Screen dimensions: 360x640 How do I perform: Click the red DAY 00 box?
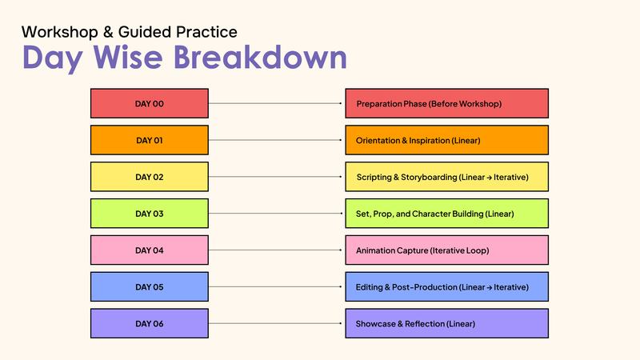tap(149, 103)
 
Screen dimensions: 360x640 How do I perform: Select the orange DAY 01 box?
tap(149, 140)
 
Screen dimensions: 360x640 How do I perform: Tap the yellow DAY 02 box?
tap(149, 177)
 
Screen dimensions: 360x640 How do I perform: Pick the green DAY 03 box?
tap(149, 214)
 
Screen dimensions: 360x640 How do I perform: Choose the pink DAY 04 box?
tap(149, 250)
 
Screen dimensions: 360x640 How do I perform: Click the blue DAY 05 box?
tap(149, 287)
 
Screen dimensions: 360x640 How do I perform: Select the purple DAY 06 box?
tap(149, 324)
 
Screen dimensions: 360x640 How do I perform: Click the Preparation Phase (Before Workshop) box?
tap(446, 103)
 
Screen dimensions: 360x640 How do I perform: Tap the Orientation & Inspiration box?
tap(446, 140)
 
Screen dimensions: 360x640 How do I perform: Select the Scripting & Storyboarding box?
tap(446, 177)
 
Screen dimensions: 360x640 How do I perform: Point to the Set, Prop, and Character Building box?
tap(446, 214)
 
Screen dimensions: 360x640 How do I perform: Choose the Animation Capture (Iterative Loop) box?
tap(446, 250)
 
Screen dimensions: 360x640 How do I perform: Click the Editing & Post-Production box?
tap(446, 287)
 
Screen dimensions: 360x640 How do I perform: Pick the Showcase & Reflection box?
tap(446, 324)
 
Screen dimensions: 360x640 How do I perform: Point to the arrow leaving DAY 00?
tap(276, 103)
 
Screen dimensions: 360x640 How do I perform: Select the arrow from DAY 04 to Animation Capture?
tap(276, 250)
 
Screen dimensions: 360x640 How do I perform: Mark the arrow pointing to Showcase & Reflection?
tap(276, 324)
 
